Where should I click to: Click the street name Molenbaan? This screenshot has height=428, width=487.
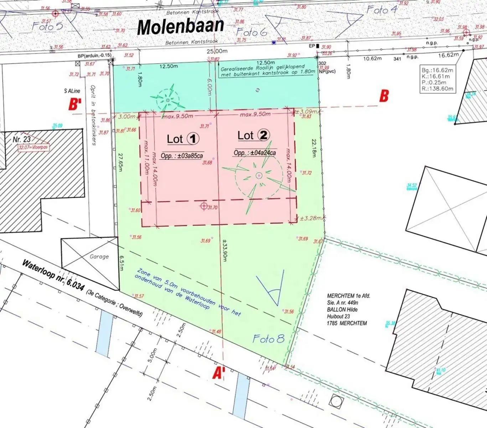pyautogui.click(x=181, y=26)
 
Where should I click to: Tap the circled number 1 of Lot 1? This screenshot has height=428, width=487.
pyautogui.click(x=193, y=138)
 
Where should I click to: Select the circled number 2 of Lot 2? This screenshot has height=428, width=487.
pyautogui.click(x=264, y=135)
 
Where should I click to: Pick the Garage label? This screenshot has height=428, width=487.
pyautogui.click(x=99, y=256)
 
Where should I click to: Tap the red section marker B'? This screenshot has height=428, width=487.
pyautogui.click(x=75, y=104)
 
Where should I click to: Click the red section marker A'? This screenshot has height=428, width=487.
pyautogui.click(x=218, y=373)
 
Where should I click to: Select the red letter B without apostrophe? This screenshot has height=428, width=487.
pyautogui.click(x=384, y=96)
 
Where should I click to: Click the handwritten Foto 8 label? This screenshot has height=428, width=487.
pyautogui.click(x=268, y=338)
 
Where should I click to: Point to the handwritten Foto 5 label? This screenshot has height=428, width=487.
pyautogui.click(x=47, y=26)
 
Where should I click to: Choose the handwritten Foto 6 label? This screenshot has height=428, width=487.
pyautogui.click(x=251, y=32)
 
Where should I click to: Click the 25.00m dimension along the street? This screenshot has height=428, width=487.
pyautogui.click(x=217, y=51)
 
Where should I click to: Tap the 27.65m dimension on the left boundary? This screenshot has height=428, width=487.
pyautogui.click(x=120, y=162)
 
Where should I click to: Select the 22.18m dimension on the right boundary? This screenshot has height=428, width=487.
pyautogui.click(x=314, y=148)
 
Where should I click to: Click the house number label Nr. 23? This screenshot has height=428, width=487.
pyautogui.click(x=21, y=139)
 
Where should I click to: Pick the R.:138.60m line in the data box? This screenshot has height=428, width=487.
pyautogui.click(x=437, y=88)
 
